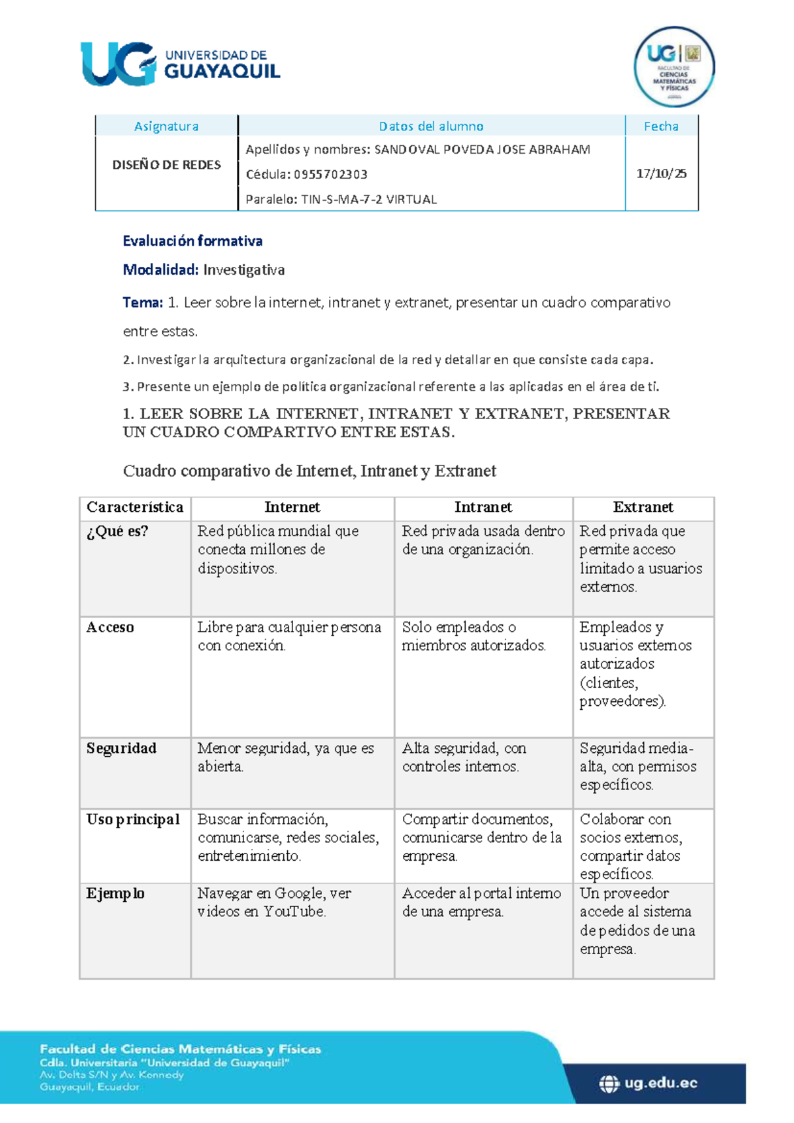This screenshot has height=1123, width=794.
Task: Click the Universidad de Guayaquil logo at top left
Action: tap(180, 64)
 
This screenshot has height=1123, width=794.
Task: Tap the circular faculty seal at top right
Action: tap(674, 67)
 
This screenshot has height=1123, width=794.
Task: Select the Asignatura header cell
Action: tap(166, 126)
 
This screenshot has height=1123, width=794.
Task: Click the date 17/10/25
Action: tap(661, 173)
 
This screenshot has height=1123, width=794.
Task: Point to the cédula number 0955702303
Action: tap(330, 174)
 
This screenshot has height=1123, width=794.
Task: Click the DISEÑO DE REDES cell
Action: tap(166, 165)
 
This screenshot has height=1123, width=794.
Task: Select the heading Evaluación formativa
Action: tap(193, 241)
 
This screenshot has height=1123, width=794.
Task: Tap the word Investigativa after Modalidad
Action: tap(243, 269)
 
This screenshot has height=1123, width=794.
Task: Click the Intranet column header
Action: tap(483, 507)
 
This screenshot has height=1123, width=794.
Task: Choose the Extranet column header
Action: tap(642, 507)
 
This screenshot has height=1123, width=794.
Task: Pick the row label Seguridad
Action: tap(121, 748)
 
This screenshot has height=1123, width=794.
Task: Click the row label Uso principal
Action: tap(132, 819)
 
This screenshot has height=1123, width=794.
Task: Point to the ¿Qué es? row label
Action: tap(117, 531)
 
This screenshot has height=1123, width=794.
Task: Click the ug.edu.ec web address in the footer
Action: tap(660, 1083)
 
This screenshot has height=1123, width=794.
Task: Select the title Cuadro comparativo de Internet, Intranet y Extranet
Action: tap(310, 471)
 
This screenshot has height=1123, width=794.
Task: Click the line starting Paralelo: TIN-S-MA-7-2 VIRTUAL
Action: tap(341, 199)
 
